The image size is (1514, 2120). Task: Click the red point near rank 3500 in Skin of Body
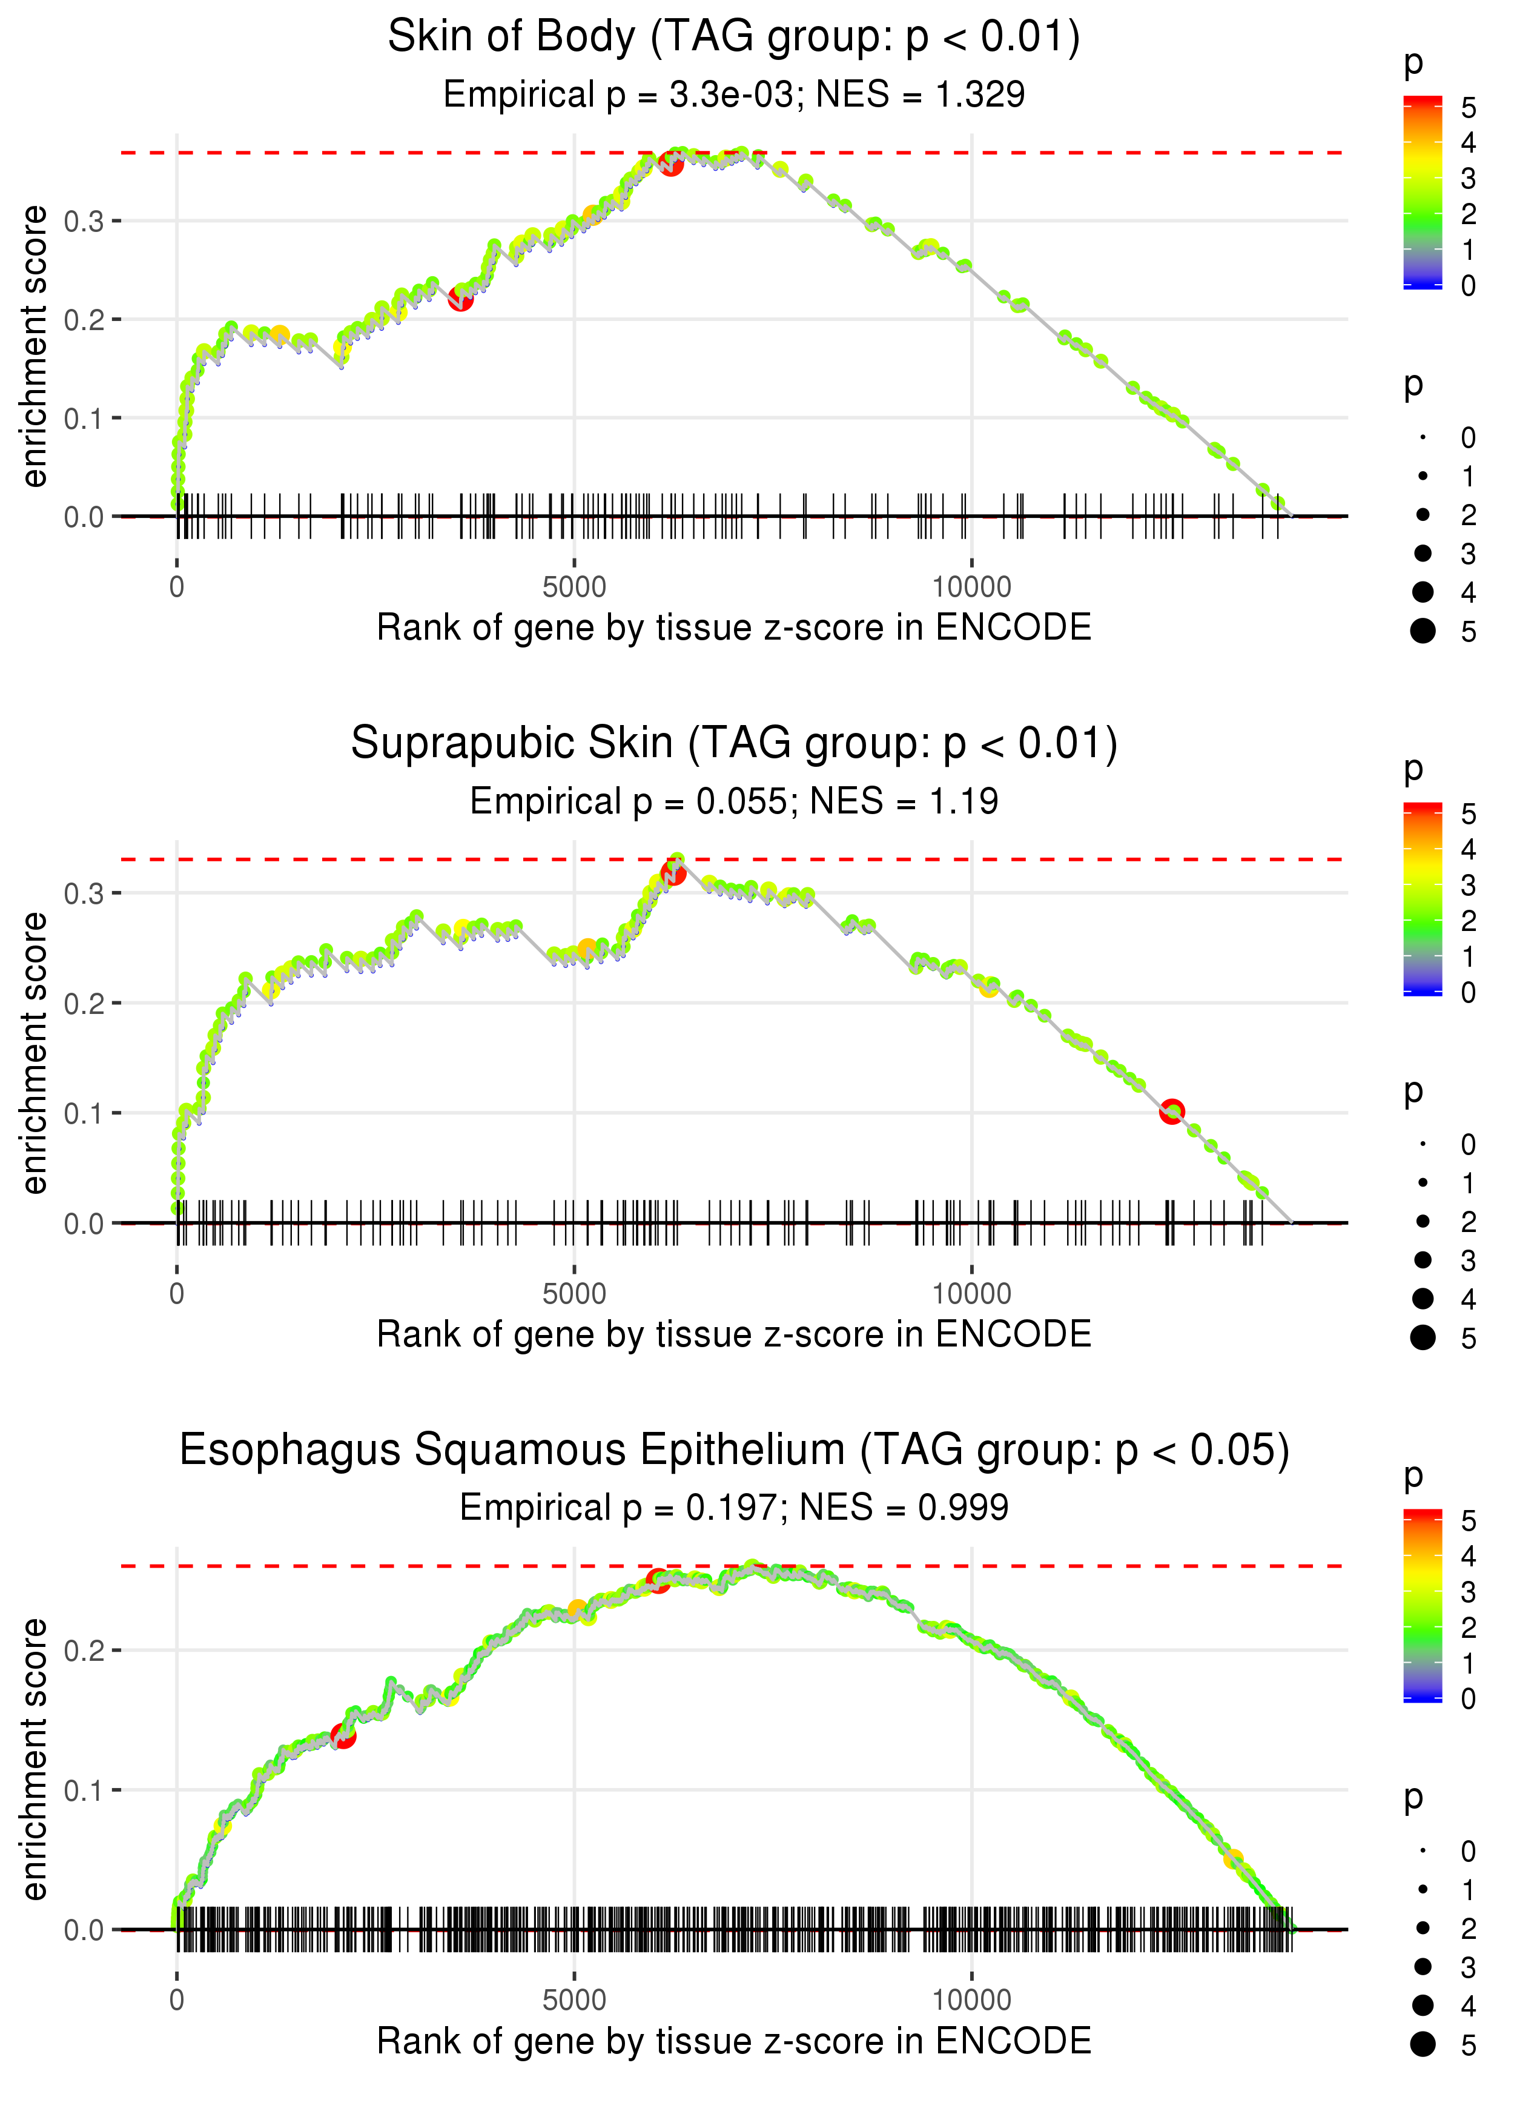pos(460,299)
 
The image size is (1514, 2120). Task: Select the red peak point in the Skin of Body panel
pos(671,164)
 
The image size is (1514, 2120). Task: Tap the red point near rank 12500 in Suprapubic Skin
pos(1172,1110)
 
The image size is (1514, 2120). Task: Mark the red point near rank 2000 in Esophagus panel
pos(343,1736)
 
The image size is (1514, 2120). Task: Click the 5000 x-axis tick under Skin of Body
pos(574,588)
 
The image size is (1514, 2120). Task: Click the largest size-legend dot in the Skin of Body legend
pos(1423,631)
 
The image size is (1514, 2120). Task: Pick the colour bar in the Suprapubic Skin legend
pos(1423,899)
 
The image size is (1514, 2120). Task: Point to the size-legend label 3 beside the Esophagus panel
pos(1469,1967)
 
